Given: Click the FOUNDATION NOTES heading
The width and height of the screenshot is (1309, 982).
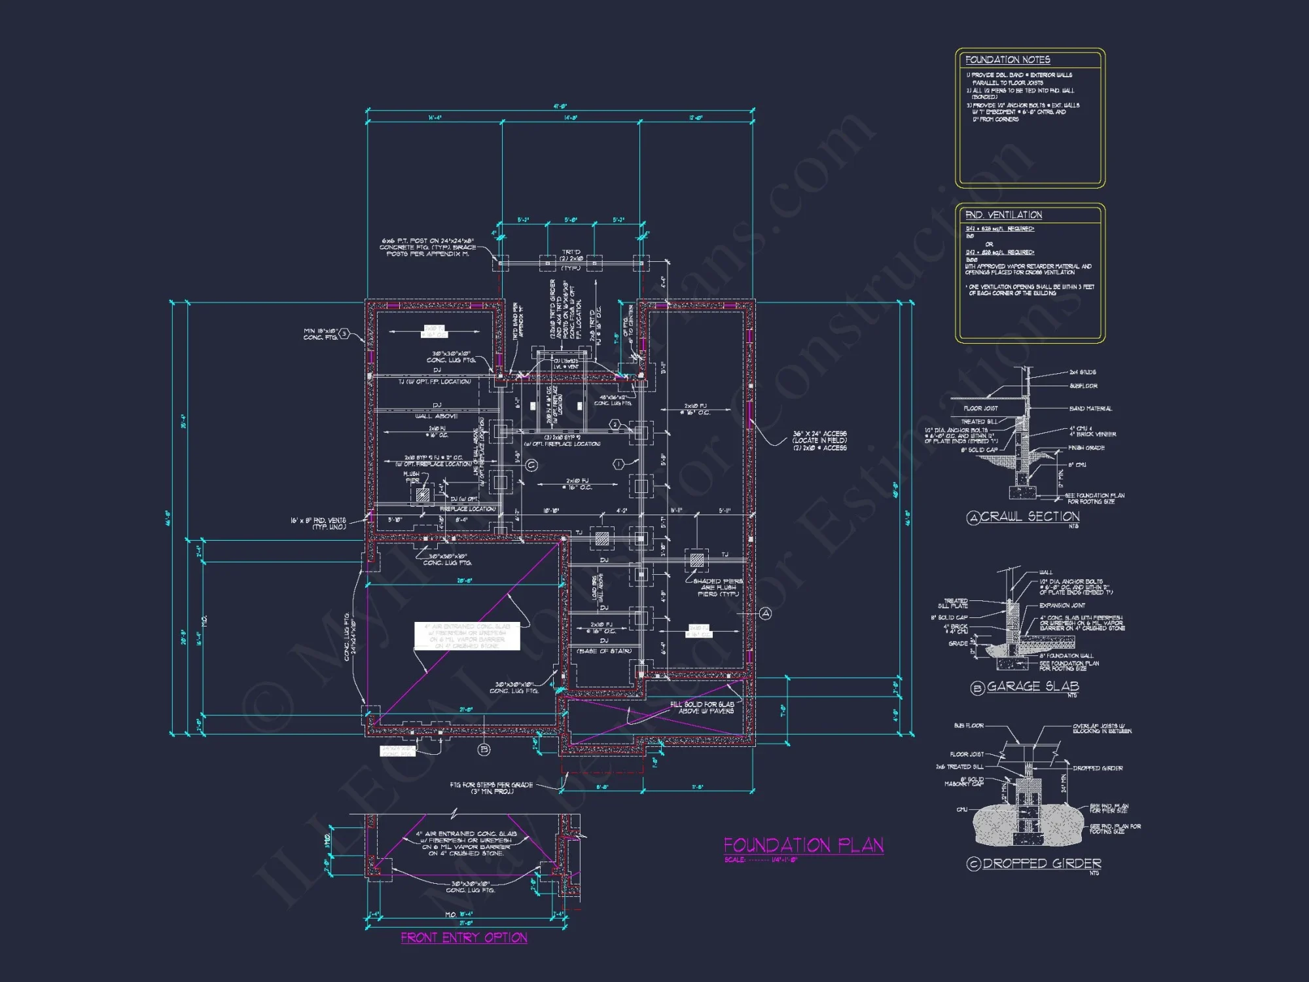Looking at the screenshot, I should tap(1007, 60).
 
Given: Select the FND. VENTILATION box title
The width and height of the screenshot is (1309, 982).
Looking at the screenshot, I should tap(1003, 215).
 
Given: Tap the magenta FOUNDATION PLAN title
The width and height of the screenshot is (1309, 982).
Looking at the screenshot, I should tap(803, 845).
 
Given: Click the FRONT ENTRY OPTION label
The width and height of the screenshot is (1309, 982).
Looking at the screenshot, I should tap(464, 937).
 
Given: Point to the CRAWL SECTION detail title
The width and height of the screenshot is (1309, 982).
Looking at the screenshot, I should tap(1030, 517).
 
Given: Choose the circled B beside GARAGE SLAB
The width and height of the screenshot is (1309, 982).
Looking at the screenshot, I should tap(977, 688).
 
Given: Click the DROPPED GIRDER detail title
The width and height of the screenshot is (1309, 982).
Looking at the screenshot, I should tap(1041, 864).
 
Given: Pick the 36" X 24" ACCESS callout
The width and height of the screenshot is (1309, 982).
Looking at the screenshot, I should tap(819, 441).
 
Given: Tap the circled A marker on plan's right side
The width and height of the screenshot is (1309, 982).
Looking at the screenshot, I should tap(765, 613).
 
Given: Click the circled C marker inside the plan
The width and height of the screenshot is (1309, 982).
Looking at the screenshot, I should tap(531, 465).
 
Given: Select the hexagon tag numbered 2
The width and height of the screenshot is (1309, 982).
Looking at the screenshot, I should tap(615, 425).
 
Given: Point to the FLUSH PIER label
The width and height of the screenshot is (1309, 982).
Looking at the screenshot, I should tap(412, 477).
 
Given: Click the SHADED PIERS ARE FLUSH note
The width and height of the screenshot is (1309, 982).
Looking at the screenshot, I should tap(717, 587).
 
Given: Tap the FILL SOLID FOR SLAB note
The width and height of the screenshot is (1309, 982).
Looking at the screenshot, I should tap(702, 708).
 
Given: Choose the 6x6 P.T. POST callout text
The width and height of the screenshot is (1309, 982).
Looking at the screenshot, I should tap(428, 247).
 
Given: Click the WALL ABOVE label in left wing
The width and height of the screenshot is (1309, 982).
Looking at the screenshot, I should tap(437, 416).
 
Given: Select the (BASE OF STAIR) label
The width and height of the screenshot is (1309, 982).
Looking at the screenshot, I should tap(603, 651).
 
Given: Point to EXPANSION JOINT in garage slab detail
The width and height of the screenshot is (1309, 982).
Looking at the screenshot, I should tap(1062, 606).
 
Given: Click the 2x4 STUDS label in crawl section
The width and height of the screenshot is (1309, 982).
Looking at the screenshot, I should tap(1083, 372).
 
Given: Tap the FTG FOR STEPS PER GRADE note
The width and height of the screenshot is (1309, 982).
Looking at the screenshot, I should tap(491, 788).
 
